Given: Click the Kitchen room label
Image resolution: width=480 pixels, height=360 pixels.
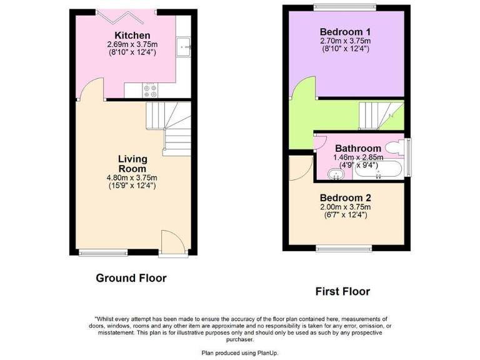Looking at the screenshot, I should [132, 36].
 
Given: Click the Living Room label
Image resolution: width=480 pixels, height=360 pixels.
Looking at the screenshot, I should [132, 164].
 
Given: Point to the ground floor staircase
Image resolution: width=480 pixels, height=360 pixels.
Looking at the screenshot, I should [166, 128].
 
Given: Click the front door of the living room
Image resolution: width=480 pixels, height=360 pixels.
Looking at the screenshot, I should [172, 243].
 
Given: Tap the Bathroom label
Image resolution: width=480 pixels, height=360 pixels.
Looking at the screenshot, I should [357, 149].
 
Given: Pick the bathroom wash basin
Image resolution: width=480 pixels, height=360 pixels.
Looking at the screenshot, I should [337, 174].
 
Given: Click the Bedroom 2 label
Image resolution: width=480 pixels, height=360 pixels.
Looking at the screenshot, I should [345, 198].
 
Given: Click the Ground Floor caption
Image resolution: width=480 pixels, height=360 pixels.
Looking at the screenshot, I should [131, 278].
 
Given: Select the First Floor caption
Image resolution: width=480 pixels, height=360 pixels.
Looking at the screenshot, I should [342, 291].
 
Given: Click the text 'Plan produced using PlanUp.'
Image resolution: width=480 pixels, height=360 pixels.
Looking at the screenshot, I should [240, 353].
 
